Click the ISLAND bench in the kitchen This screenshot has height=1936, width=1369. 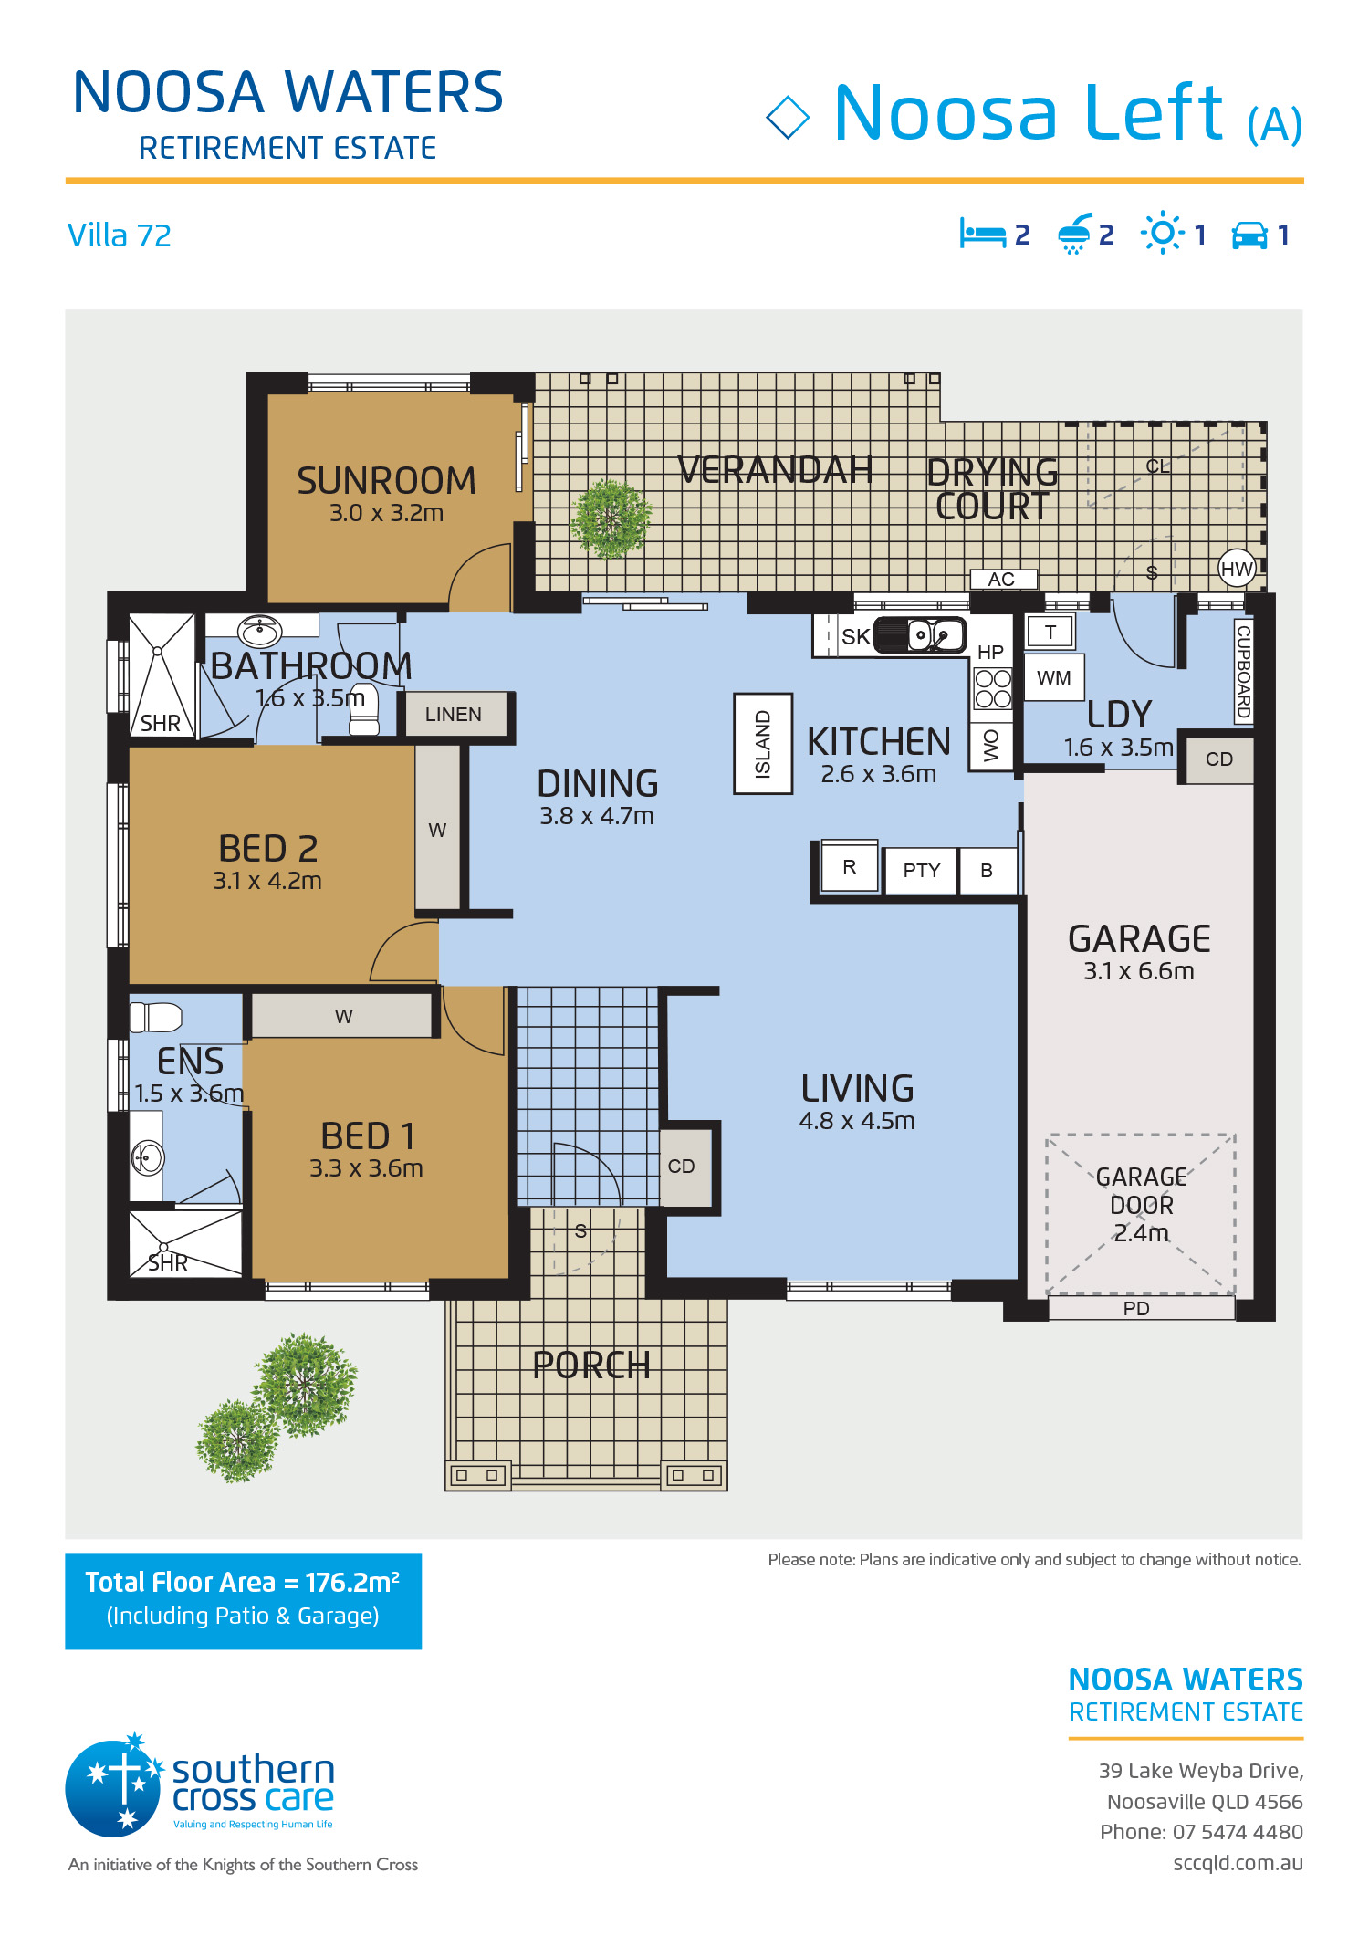(x=763, y=744)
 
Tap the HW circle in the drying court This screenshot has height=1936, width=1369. (x=1237, y=570)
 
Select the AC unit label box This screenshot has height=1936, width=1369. (x=1002, y=579)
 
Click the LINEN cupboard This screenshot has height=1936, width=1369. (x=454, y=714)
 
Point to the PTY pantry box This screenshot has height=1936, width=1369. (x=921, y=871)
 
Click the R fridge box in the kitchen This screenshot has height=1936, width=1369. (x=849, y=866)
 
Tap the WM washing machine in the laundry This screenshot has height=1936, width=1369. (x=1054, y=678)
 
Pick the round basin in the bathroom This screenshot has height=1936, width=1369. (x=260, y=630)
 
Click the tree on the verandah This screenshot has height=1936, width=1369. (x=611, y=518)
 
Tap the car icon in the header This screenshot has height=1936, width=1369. (x=1249, y=235)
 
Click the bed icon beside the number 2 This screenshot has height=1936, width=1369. (x=982, y=234)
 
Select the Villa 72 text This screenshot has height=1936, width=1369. (x=120, y=235)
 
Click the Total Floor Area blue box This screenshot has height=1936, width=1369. (x=243, y=1601)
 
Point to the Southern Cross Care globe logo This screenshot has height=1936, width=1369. (x=113, y=1787)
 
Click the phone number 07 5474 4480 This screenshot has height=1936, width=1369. (x=1238, y=1831)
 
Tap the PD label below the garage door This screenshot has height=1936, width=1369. (x=1136, y=1308)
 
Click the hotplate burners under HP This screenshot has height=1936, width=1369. (x=993, y=688)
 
